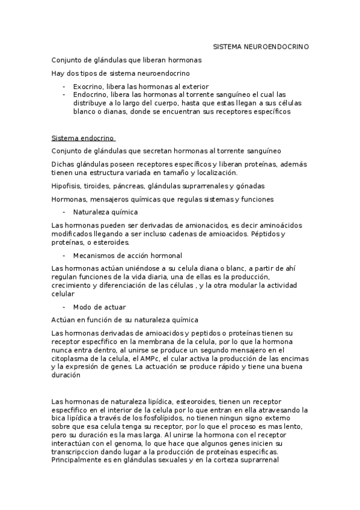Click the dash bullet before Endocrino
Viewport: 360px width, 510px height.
(x=64, y=94)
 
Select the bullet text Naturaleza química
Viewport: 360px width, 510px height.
(x=105, y=212)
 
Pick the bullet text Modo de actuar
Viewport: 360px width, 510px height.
(x=100, y=307)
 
